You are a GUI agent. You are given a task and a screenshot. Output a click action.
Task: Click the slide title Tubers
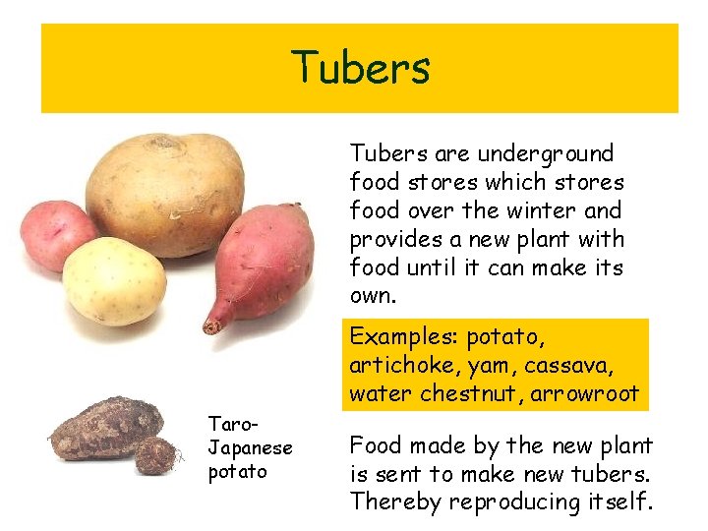click(x=360, y=68)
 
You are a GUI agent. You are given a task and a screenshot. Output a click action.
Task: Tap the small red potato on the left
click(x=58, y=234)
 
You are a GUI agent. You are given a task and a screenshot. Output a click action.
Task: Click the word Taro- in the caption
click(x=233, y=424)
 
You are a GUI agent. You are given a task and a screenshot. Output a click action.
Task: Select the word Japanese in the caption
click(x=251, y=447)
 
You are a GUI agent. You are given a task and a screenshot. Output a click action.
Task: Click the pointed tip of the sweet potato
click(x=209, y=326)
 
